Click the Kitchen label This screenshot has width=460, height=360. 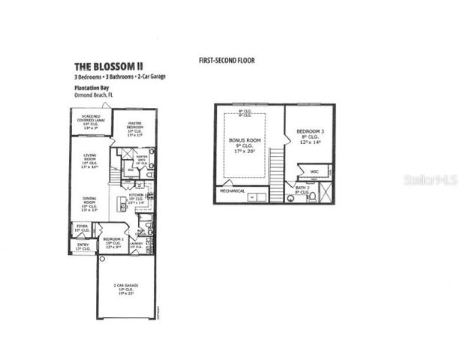click(137, 198)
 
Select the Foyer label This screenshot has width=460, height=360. click(82, 227)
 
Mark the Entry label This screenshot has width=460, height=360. click(83, 246)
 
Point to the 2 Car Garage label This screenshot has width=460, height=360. click(127, 289)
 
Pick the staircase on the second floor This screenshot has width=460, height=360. click(278, 165)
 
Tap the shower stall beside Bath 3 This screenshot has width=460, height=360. click(325, 192)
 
